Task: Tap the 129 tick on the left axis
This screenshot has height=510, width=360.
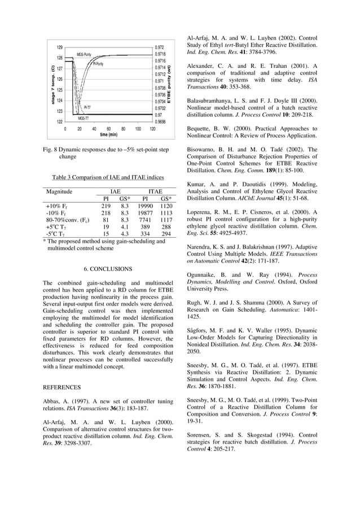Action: [x=59, y=47]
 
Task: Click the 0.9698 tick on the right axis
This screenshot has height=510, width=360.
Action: [x=160, y=121]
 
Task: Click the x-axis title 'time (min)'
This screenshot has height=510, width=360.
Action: [x=108, y=135]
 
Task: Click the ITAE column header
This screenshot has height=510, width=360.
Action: [x=155, y=191]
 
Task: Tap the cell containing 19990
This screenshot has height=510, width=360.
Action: [x=145, y=207]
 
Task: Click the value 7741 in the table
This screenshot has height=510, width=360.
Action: [x=145, y=220]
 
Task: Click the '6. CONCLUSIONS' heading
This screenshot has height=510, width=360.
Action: [x=108, y=269]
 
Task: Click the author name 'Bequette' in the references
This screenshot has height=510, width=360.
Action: [x=201, y=129]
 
